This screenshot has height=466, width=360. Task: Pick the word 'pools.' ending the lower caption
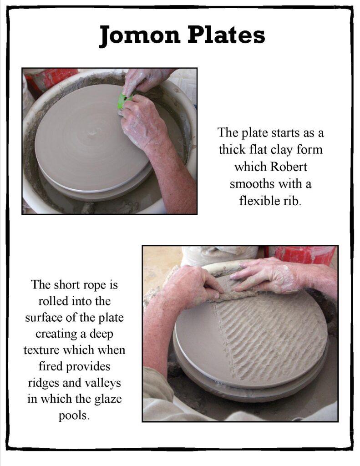pos(74,416)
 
